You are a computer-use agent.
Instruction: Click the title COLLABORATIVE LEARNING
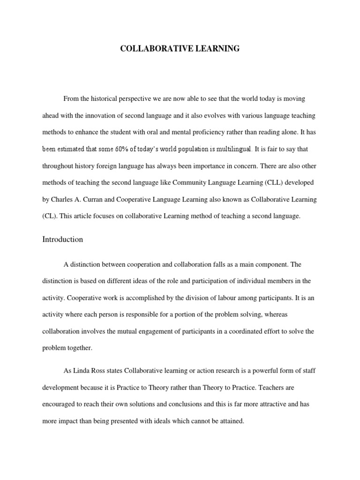(x=180, y=48)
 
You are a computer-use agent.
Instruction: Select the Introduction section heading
(x=62, y=239)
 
